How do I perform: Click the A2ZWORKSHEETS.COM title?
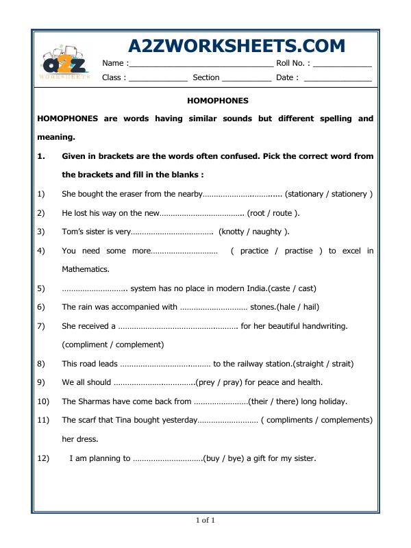click(x=237, y=46)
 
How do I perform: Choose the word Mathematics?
click(x=86, y=269)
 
